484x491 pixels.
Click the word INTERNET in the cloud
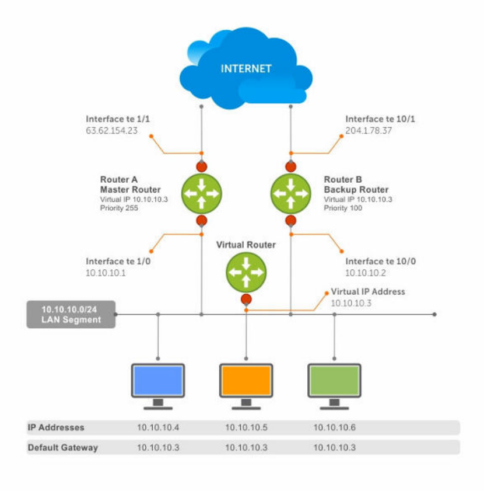tap(246, 68)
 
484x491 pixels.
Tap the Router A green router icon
tap(202, 193)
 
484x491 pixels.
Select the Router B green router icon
tap(290, 193)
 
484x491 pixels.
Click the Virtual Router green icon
tap(246, 272)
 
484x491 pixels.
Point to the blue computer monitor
tap(158, 386)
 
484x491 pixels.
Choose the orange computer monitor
tap(246, 386)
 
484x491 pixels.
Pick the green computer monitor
tap(335, 386)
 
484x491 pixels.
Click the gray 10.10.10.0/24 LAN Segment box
tap(71, 314)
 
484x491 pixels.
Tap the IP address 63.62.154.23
tap(112, 131)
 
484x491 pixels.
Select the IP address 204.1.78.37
tap(369, 131)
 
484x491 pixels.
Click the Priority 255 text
tap(119, 208)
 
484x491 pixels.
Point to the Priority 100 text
tap(343, 208)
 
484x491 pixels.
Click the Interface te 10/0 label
tap(380, 261)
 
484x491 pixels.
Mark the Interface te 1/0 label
tap(118, 261)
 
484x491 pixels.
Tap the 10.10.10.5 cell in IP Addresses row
tap(247, 427)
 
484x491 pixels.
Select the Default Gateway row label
tap(63, 447)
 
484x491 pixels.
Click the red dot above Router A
tap(202, 166)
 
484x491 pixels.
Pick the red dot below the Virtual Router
tap(246, 299)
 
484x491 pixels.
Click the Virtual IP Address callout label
tap(368, 291)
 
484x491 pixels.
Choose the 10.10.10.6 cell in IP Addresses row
tap(335, 427)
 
